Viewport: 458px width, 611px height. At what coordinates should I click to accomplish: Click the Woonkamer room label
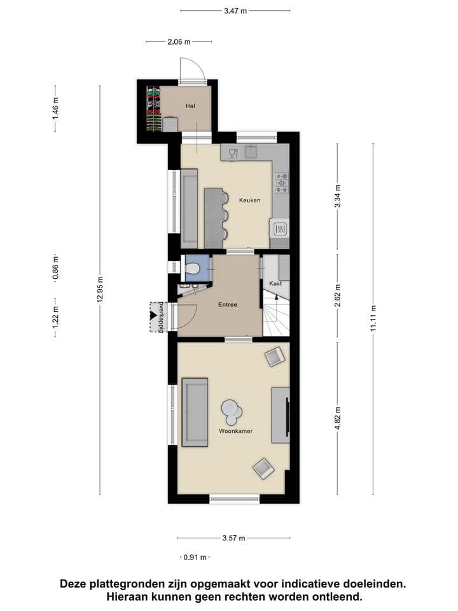tap(235, 431)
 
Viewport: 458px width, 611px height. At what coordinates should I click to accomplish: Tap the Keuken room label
tap(249, 200)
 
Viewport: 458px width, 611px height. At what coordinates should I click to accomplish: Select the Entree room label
tap(228, 305)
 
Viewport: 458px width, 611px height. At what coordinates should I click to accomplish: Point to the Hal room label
tap(190, 106)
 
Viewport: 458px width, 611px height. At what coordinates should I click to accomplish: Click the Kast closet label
tap(275, 283)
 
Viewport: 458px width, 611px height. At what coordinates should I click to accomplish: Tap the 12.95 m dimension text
tap(100, 290)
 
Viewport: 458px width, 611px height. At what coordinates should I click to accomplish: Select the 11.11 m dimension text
tap(373, 318)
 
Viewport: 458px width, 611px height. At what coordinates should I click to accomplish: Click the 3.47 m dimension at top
tap(235, 11)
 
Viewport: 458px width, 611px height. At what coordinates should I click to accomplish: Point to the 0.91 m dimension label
tap(195, 558)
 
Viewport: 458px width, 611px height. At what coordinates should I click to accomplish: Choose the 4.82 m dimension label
tap(337, 419)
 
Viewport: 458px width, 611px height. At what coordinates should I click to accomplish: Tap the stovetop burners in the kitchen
tap(281, 183)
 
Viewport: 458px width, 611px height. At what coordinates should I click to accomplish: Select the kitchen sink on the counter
tap(252, 151)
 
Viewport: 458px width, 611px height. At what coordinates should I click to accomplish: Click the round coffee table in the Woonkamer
tap(231, 412)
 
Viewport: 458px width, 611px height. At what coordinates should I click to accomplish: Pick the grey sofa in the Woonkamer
tap(195, 412)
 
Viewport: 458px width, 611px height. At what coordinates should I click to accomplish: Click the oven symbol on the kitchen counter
tap(280, 227)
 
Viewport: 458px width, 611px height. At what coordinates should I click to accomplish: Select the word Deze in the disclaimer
tap(75, 584)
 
